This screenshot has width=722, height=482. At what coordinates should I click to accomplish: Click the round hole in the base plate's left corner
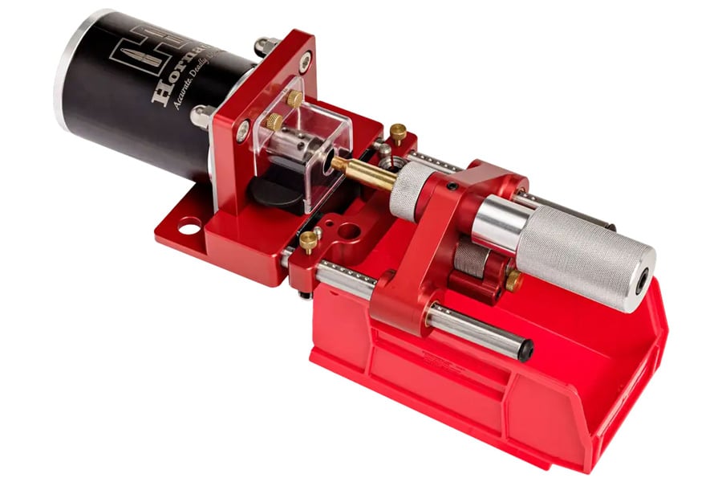click(189, 227)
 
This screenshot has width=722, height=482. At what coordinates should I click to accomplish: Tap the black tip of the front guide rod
click(525, 350)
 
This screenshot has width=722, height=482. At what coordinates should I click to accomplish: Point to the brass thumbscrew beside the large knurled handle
click(513, 281)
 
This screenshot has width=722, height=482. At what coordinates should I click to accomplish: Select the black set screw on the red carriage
click(452, 186)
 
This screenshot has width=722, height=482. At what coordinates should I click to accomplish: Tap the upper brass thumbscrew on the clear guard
click(294, 99)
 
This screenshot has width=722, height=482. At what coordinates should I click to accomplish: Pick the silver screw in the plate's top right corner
click(305, 58)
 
